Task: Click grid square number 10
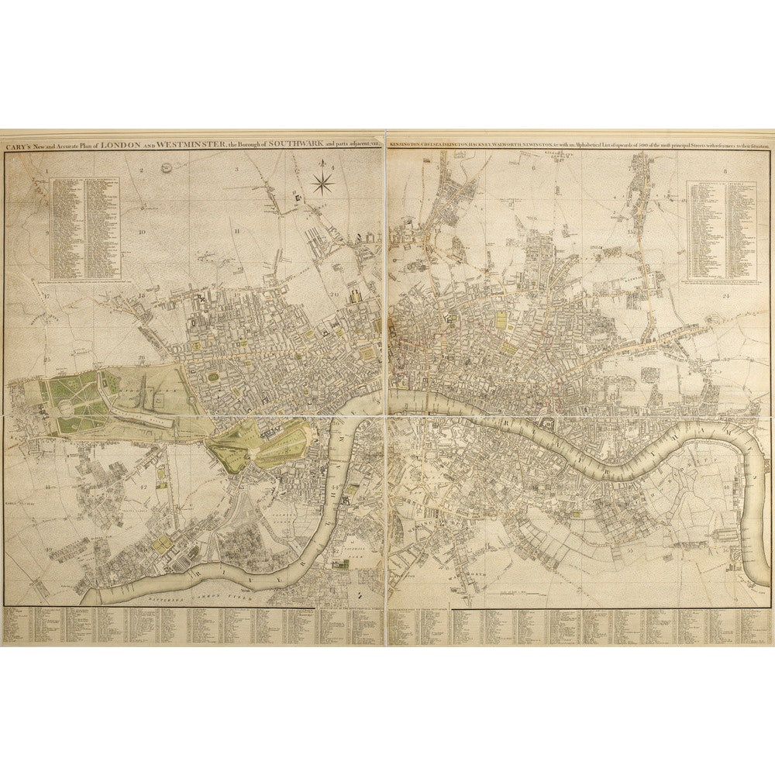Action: click(x=142, y=231)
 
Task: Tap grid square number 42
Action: click(x=143, y=487)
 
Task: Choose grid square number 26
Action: click(x=142, y=357)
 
